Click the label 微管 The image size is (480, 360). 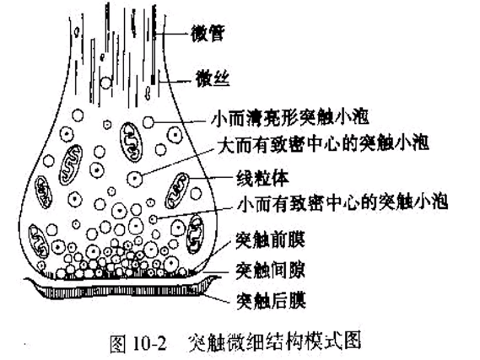coord(208,33)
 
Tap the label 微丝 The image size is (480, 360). coord(213,78)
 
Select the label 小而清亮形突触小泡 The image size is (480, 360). coord(289,117)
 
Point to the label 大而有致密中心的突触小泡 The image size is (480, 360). coord(323,143)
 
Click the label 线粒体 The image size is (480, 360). coord(262,178)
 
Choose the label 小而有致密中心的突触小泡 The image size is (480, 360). coord(342,201)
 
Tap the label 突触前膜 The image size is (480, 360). coord(270,240)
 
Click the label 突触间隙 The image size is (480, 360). coord(270,271)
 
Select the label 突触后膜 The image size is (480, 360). coord(272,301)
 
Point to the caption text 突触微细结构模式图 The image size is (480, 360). coord(275,342)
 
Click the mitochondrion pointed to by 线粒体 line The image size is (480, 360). coord(177,191)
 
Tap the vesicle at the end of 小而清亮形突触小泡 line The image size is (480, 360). coord(148,122)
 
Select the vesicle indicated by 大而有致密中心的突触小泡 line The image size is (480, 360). coord(135,179)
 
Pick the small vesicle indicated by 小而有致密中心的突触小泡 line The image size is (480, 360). coord(153,219)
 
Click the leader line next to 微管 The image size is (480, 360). coord(172,33)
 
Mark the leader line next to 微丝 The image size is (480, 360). coord(177,82)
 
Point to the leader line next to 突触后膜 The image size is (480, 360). coord(218,298)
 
